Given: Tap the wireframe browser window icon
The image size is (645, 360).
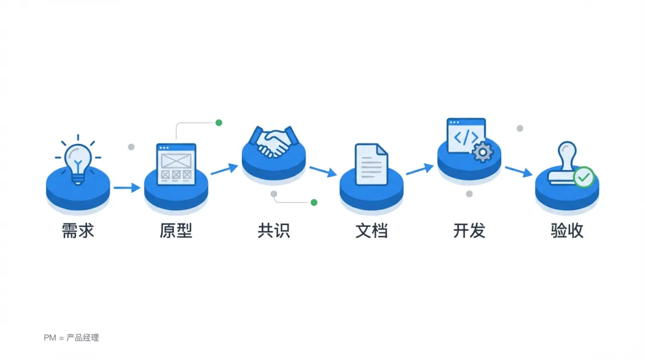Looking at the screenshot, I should [x=176, y=164].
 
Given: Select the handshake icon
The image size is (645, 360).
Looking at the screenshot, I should [x=274, y=142].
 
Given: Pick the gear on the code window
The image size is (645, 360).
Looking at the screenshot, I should [x=481, y=152].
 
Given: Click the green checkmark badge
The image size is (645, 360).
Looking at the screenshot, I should [x=583, y=177].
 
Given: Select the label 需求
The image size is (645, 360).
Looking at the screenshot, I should [x=78, y=231].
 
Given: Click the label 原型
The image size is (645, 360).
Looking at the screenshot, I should [x=176, y=231].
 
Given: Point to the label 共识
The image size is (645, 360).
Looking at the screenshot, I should [x=274, y=231].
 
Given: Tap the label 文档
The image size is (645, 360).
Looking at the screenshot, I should [x=371, y=231].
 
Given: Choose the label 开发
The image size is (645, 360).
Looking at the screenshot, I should [x=469, y=231].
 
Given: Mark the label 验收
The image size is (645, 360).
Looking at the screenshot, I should [x=567, y=231].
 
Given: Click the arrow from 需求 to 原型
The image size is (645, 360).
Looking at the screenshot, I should [x=127, y=188].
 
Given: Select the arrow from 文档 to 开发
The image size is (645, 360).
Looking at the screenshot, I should [x=419, y=170].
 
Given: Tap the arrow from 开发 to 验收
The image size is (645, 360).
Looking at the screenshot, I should [x=518, y=171].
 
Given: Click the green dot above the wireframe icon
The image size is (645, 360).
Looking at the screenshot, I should [x=219, y=123].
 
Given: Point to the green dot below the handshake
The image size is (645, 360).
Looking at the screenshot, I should [x=314, y=202].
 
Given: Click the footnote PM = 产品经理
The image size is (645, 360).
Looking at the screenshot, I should [x=71, y=338].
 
